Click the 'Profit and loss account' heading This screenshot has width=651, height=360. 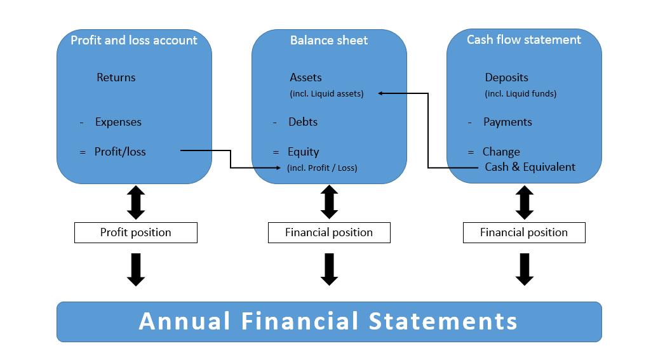click(x=134, y=40)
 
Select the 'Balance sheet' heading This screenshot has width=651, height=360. click(x=329, y=40)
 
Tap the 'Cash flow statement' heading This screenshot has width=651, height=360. click(x=524, y=39)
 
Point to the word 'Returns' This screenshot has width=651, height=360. click(x=116, y=77)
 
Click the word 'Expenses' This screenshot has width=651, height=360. click(x=118, y=122)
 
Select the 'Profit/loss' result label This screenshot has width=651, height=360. click(x=120, y=152)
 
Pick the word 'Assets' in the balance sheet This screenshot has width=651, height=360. click(x=305, y=77)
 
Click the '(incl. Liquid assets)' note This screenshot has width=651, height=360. click(x=326, y=94)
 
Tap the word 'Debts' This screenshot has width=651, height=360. click(x=303, y=122)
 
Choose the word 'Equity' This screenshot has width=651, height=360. click(x=303, y=152)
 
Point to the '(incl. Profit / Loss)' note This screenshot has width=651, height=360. click(x=322, y=168)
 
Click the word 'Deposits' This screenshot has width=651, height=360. click(x=506, y=77)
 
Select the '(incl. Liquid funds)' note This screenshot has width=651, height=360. click(x=520, y=94)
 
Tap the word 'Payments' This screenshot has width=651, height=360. click(x=507, y=122)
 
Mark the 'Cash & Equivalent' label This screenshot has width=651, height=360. click(x=530, y=167)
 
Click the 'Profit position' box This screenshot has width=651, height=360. click(x=136, y=232)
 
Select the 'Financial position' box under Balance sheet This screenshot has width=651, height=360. click(x=329, y=232)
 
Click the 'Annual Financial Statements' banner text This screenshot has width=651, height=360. click(x=328, y=321)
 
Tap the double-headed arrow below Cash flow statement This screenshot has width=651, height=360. click(x=524, y=203)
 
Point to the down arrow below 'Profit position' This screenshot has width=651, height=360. click(x=136, y=269)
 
